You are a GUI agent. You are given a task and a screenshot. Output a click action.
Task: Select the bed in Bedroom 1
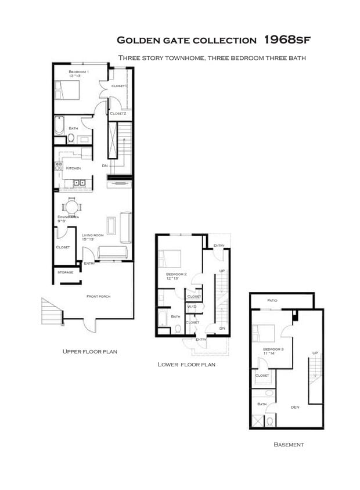pos(66,91)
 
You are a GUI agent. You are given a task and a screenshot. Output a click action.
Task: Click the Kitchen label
pos(73,168)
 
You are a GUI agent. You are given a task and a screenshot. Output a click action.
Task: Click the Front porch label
pos(98,296)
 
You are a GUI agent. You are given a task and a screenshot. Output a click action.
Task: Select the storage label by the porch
pos(65,272)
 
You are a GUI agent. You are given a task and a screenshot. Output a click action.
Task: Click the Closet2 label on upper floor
pos(118,113)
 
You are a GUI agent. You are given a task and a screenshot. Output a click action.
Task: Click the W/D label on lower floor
pos(192,307)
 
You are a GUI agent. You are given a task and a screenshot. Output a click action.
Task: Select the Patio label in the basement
pos(272,300)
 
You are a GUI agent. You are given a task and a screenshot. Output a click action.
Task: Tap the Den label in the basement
pos(294,407)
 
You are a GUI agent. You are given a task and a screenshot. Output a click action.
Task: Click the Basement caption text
pos(289,445)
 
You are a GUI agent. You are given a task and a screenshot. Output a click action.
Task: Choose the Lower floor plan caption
pos(186,365)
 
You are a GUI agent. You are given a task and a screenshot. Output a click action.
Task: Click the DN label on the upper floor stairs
pos(105,165)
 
